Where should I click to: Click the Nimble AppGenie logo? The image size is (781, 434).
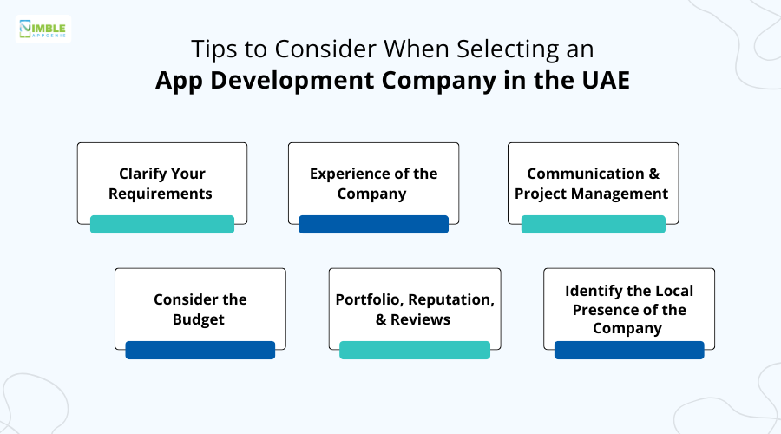point(44,29)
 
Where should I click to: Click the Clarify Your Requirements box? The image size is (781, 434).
point(162,182)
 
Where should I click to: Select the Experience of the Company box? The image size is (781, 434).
point(373,182)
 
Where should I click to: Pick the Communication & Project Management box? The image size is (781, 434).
point(593,182)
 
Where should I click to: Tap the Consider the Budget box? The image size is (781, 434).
point(200,308)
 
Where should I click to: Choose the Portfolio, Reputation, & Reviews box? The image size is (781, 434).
point(415,308)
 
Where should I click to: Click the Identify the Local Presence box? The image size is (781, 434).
point(629,308)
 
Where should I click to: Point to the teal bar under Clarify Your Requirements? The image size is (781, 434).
point(162,225)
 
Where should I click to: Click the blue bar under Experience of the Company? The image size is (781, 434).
point(373,225)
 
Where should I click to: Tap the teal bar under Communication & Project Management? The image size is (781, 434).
point(593,225)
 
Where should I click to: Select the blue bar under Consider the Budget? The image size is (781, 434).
point(200,350)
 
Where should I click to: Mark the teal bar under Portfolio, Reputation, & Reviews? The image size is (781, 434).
point(415,350)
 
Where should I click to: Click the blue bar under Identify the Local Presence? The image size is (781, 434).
point(629,350)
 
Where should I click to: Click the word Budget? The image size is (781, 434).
point(200,319)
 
